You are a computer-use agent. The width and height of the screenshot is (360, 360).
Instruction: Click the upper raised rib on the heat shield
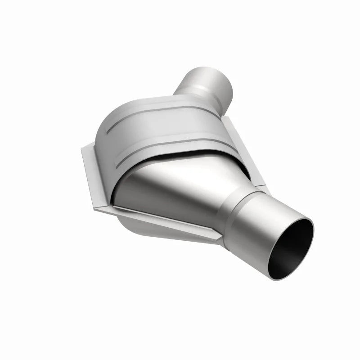(x=148, y=117)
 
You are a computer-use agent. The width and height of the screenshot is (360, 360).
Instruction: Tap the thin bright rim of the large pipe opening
(x=310, y=225)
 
